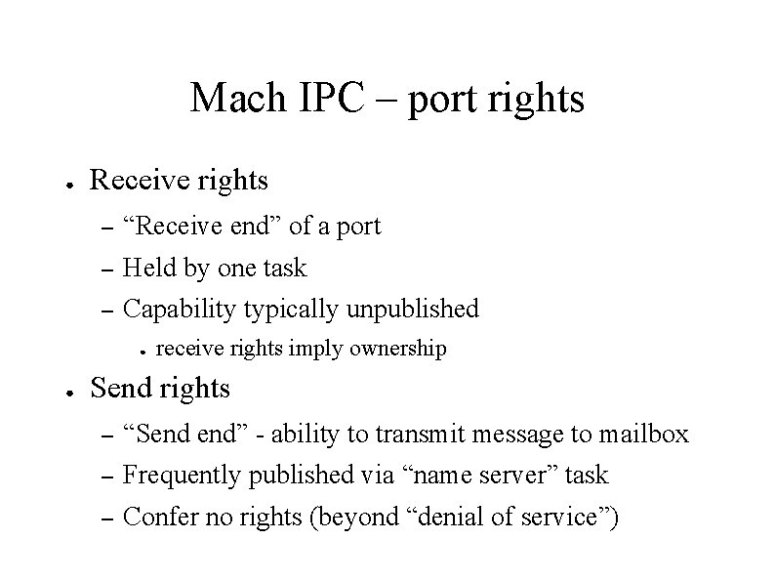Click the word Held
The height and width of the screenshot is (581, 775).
149,268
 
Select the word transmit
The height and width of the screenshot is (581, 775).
423,434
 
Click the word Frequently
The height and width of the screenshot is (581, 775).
184,476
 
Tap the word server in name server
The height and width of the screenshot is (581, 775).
515,477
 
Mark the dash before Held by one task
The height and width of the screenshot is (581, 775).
107,269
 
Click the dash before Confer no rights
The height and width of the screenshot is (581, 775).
107,518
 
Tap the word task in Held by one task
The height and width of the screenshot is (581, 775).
284,268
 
